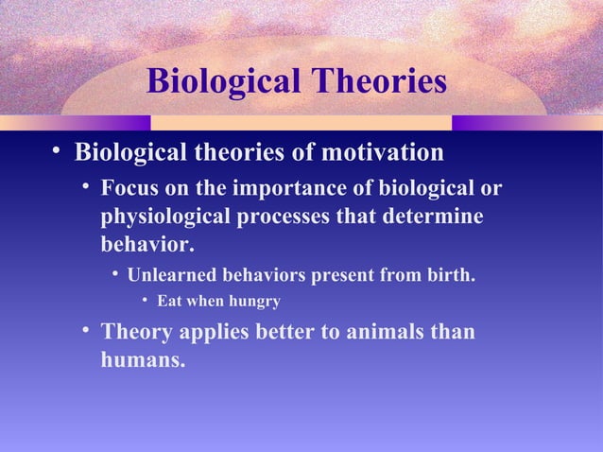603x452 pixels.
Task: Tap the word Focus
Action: (x=131, y=189)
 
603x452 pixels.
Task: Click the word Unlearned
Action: (x=173, y=276)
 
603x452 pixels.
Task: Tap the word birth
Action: (x=451, y=276)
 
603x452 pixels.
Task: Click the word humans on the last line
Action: (x=142, y=359)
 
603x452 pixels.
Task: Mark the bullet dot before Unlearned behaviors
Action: (x=114, y=275)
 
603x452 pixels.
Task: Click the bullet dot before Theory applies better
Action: (x=86, y=330)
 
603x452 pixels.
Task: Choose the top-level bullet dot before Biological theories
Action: (x=59, y=151)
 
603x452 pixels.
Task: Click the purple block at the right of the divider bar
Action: (x=489, y=123)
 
